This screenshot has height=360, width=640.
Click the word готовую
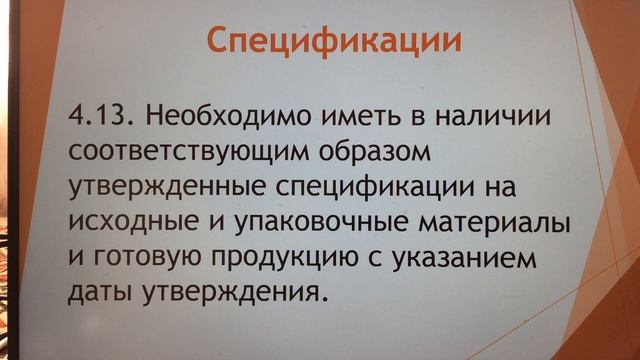click(151, 258)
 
